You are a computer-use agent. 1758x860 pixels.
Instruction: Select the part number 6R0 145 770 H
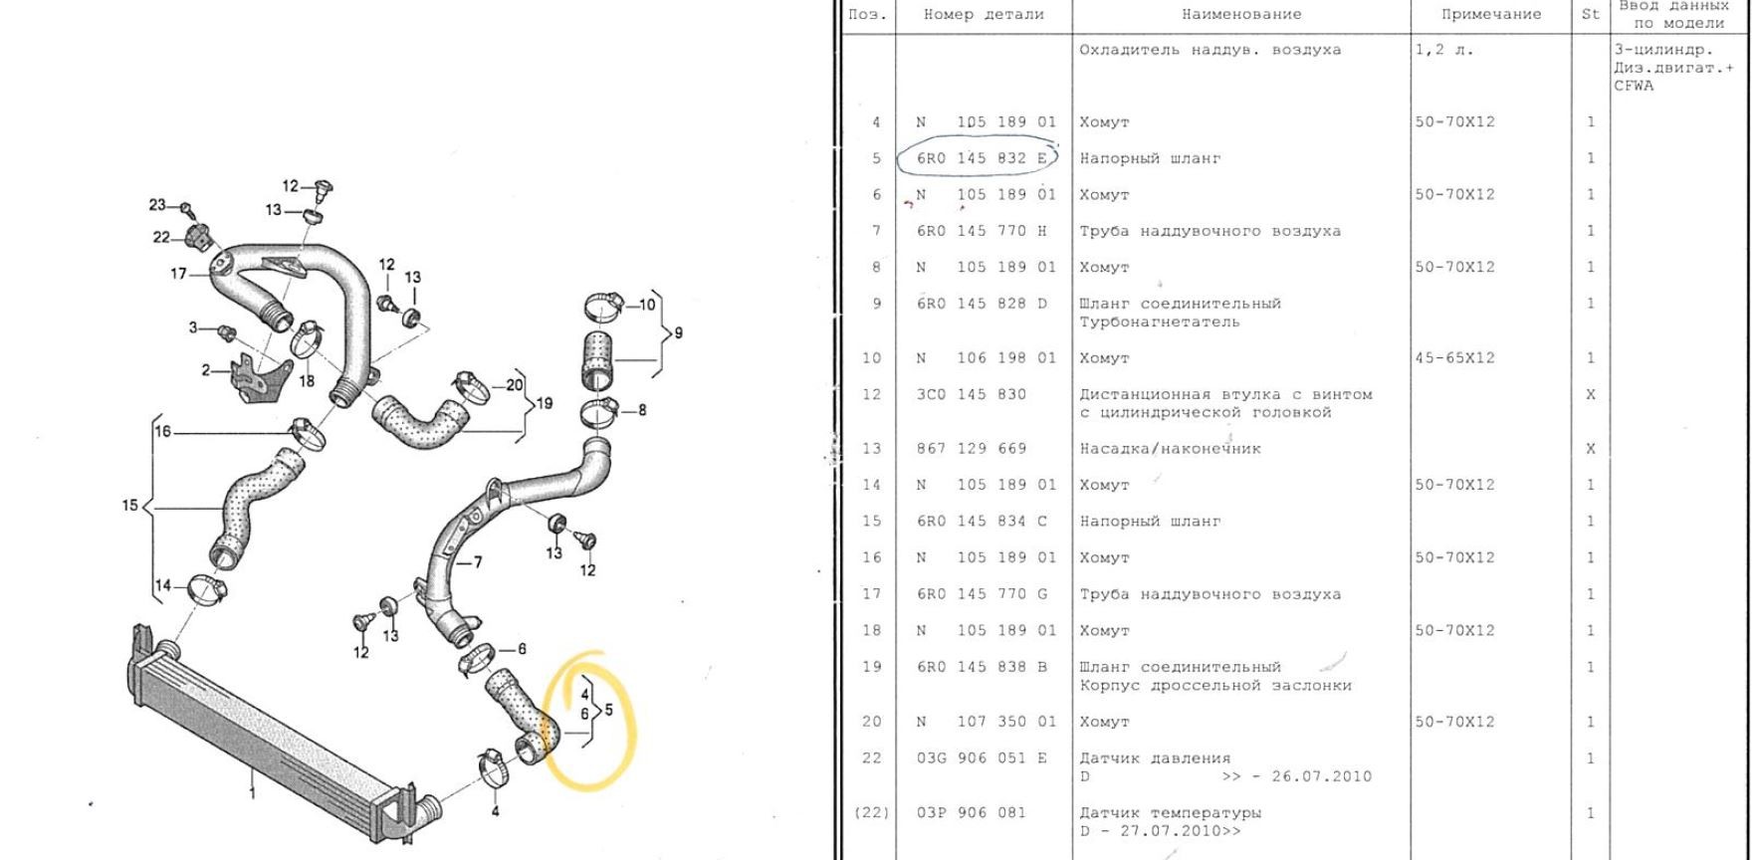[x=982, y=231]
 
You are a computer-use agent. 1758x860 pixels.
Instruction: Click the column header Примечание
[x=1491, y=15]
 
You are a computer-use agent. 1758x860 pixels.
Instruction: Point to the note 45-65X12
[x=1454, y=358]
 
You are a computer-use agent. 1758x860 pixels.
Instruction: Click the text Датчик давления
[x=1155, y=758]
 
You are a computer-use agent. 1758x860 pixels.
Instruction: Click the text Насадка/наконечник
[x=1170, y=449]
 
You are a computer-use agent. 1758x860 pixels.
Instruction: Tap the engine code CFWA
[x=1634, y=86]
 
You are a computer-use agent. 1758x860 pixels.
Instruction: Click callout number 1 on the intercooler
[x=252, y=793]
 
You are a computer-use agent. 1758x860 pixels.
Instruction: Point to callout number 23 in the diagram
[x=157, y=205]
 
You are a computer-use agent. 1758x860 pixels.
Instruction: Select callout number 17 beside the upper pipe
[x=178, y=274]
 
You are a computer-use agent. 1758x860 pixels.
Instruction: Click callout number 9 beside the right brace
[x=678, y=333]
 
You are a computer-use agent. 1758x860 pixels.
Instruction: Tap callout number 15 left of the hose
[x=130, y=506]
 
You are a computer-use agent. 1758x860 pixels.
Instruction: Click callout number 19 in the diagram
[x=544, y=403]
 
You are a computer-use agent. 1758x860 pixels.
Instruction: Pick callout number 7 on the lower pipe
[x=478, y=562]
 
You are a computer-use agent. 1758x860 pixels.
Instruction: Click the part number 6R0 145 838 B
[x=982, y=667]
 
